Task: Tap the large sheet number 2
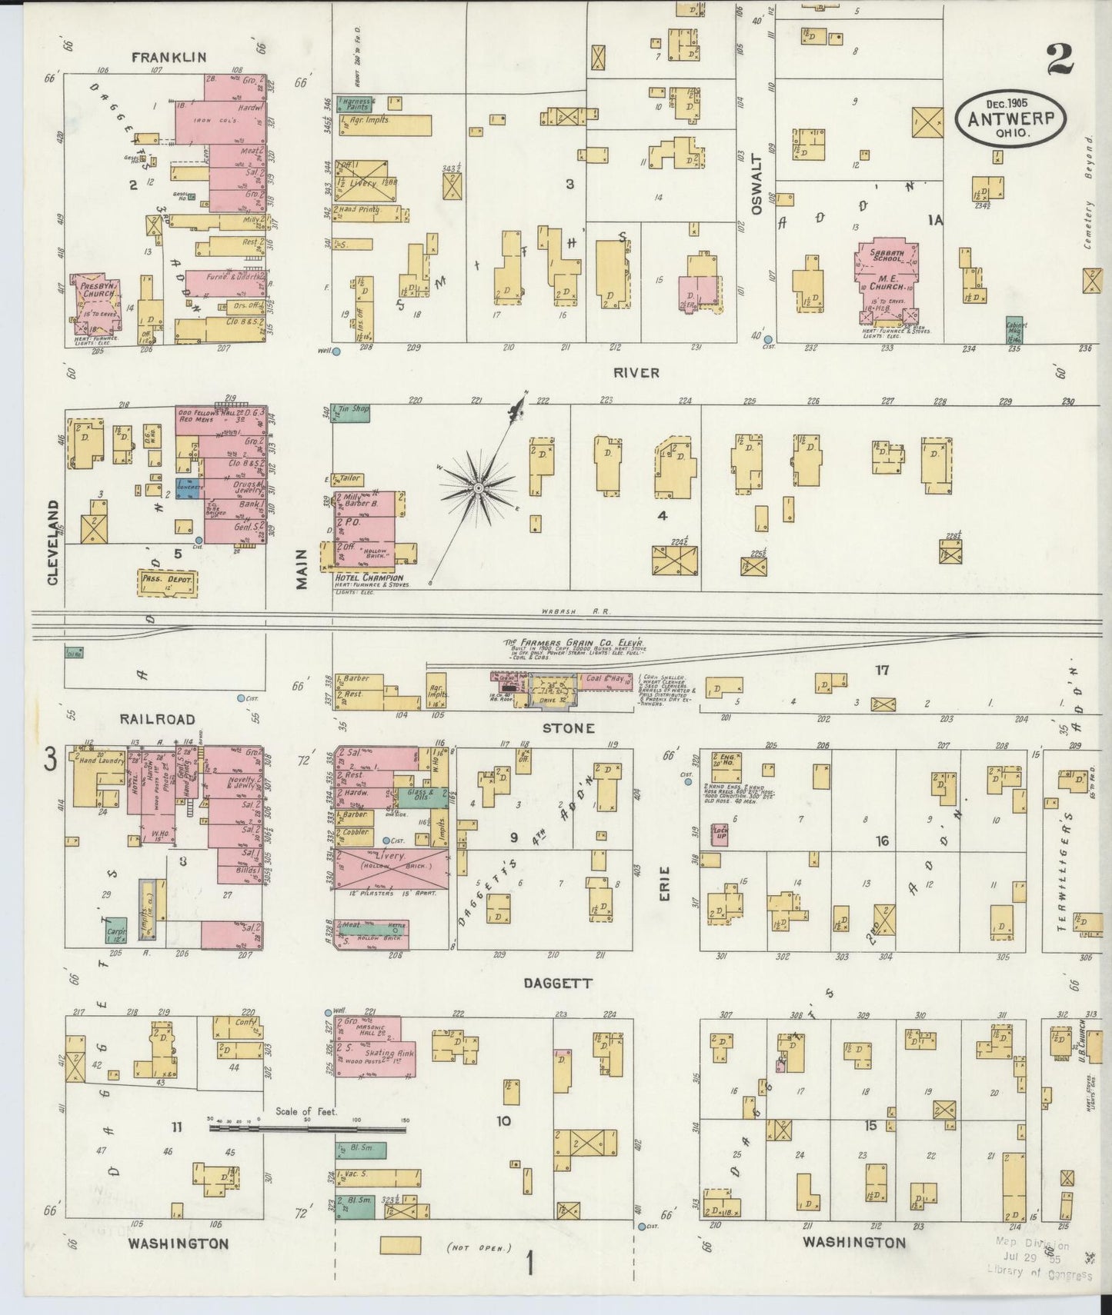(x=1060, y=59)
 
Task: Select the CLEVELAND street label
(x=53, y=542)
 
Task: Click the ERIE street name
(x=665, y=884)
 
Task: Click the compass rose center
(x=478, y=488)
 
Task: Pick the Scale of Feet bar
(x=308, y=1129)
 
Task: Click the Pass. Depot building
(x=166, y=582)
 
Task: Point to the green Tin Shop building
(x=351, y=411)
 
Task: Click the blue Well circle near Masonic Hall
(x=329, y=1012)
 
